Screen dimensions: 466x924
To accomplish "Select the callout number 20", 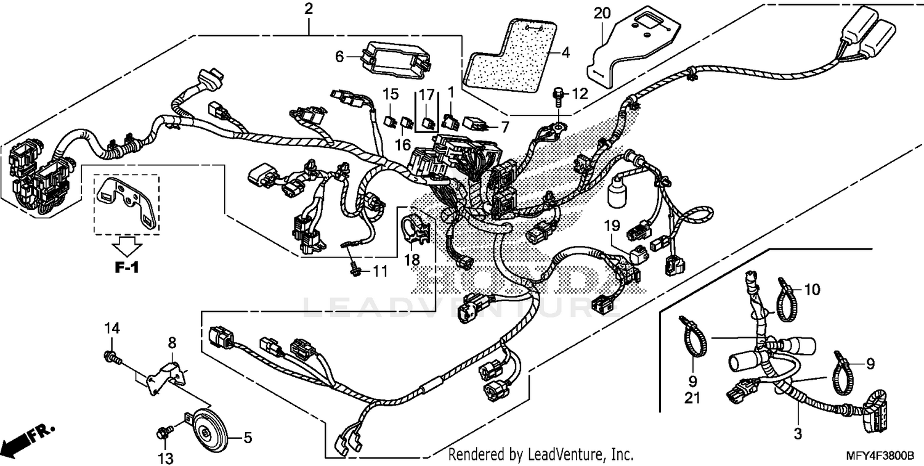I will (602, 12).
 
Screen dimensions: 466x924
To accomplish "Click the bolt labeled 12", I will (557, 95).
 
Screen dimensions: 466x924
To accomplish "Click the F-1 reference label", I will (126, 268).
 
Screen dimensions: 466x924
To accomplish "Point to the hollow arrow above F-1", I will (126, 248).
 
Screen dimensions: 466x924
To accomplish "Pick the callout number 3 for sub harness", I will (798, 434).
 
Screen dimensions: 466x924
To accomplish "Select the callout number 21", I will (692, 399).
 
